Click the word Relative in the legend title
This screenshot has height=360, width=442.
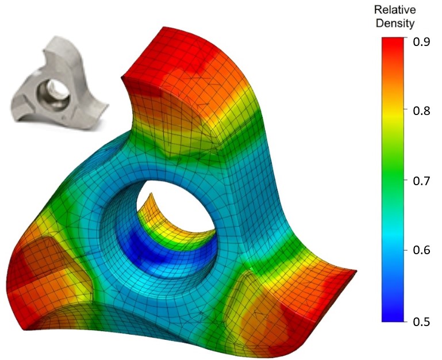394,10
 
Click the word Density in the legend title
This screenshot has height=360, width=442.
394,24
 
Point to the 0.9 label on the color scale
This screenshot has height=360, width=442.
424,41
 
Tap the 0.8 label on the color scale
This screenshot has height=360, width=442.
424,111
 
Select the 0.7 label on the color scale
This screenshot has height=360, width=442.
424,181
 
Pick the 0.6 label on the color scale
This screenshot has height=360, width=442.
424,251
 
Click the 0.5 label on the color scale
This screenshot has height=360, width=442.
424,321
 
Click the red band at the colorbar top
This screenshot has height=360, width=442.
395,49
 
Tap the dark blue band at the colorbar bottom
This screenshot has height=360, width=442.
395,313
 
